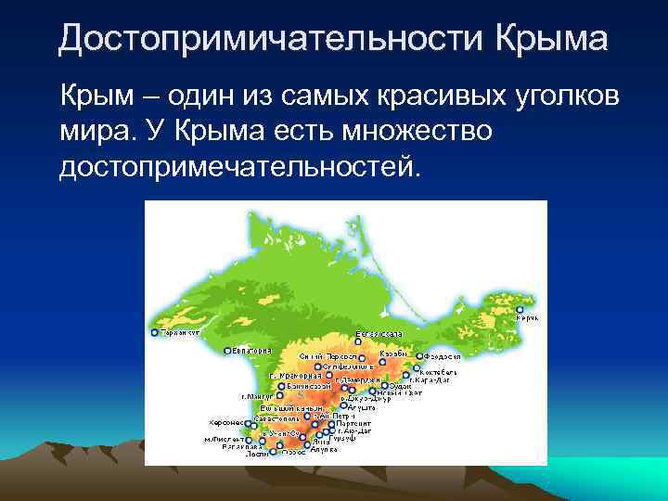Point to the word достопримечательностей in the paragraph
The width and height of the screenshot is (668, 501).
239,168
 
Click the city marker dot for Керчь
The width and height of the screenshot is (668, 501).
520,310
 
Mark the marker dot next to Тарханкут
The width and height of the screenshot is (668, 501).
154,331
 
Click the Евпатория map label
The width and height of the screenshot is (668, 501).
252,351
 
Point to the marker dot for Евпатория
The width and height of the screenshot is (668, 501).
227,351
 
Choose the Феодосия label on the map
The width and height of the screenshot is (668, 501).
443,356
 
